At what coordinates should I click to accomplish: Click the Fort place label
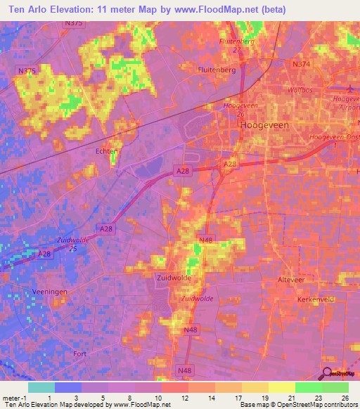tap(79, 354)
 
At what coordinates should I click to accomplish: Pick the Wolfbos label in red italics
tap(300, 90)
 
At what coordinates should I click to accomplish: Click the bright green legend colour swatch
tap(307, 387)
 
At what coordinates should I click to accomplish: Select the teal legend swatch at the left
tap(41, 387)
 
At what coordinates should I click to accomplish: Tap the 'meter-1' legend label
tap(14, 397)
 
